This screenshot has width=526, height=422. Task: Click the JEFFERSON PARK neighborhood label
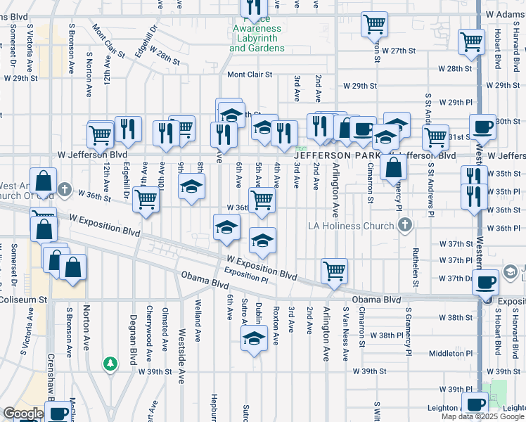(x=336, y=155)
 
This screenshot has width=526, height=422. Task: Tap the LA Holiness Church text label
(x=352, y=226)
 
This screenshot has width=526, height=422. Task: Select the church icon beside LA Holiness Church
(x=404, y=226)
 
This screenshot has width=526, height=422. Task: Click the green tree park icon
(x=110, y=364)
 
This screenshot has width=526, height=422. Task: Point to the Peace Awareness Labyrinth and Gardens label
(x=257, y=39)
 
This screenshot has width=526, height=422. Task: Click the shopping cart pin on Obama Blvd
(x=334, y=271)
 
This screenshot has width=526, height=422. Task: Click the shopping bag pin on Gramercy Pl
(x=394, y=167)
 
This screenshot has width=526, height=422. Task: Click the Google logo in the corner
(x=23, y=414)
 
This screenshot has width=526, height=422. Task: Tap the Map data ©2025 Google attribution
(x=482, y=416)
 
